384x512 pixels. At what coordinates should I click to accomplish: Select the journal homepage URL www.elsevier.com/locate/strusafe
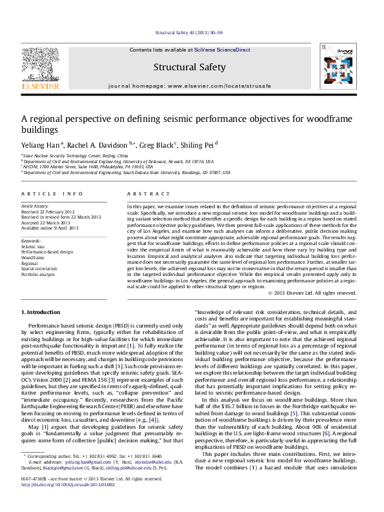(219, 85)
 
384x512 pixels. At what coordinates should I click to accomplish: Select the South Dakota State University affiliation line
(126, 173)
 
